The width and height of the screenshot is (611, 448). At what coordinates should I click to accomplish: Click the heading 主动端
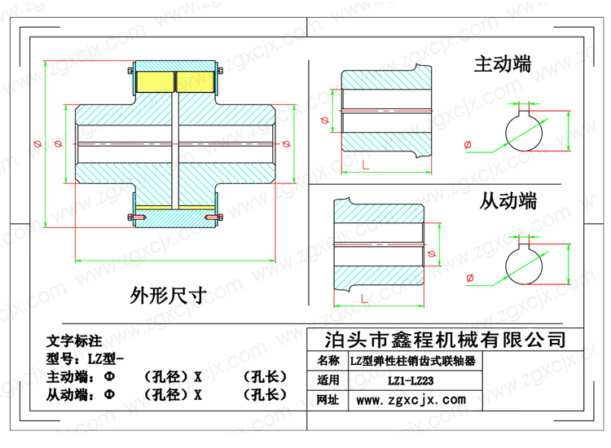coord(503,64)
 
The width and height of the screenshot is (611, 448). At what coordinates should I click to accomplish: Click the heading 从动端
coord(508,201)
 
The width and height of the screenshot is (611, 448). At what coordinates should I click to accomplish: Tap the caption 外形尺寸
coord(169,296)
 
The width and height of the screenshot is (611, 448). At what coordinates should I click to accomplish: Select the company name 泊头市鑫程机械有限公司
coord(446,340)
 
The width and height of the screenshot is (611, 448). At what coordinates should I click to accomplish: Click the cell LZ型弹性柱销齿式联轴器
coord(413,361)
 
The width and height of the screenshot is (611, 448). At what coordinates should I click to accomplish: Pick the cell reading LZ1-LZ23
coord(411,380)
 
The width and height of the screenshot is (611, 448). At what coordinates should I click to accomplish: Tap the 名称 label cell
coord(328,361)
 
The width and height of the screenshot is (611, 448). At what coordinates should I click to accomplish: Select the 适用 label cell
coord(328,380)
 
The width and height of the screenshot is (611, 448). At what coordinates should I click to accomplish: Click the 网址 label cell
coord(328,400)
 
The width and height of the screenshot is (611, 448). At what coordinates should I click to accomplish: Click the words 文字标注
coord(74,341)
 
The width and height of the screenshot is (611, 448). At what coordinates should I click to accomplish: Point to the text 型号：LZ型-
coord(85,358)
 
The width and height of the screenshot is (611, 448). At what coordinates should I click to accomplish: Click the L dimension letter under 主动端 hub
coord(365,165)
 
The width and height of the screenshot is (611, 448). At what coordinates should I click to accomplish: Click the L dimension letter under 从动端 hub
coord(364,299)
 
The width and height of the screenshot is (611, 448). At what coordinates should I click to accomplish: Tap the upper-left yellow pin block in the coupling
coord(155,81)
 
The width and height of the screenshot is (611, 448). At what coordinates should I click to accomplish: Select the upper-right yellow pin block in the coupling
coord(196,81)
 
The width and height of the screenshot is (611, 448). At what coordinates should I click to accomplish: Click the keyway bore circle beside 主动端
coord(506,132)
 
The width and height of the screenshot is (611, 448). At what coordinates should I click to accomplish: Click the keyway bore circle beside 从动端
coord(506,266)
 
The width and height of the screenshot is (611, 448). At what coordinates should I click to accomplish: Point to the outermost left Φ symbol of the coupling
coord(37,143)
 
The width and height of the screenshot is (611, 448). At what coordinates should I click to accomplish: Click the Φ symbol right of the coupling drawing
coord(287,143)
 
